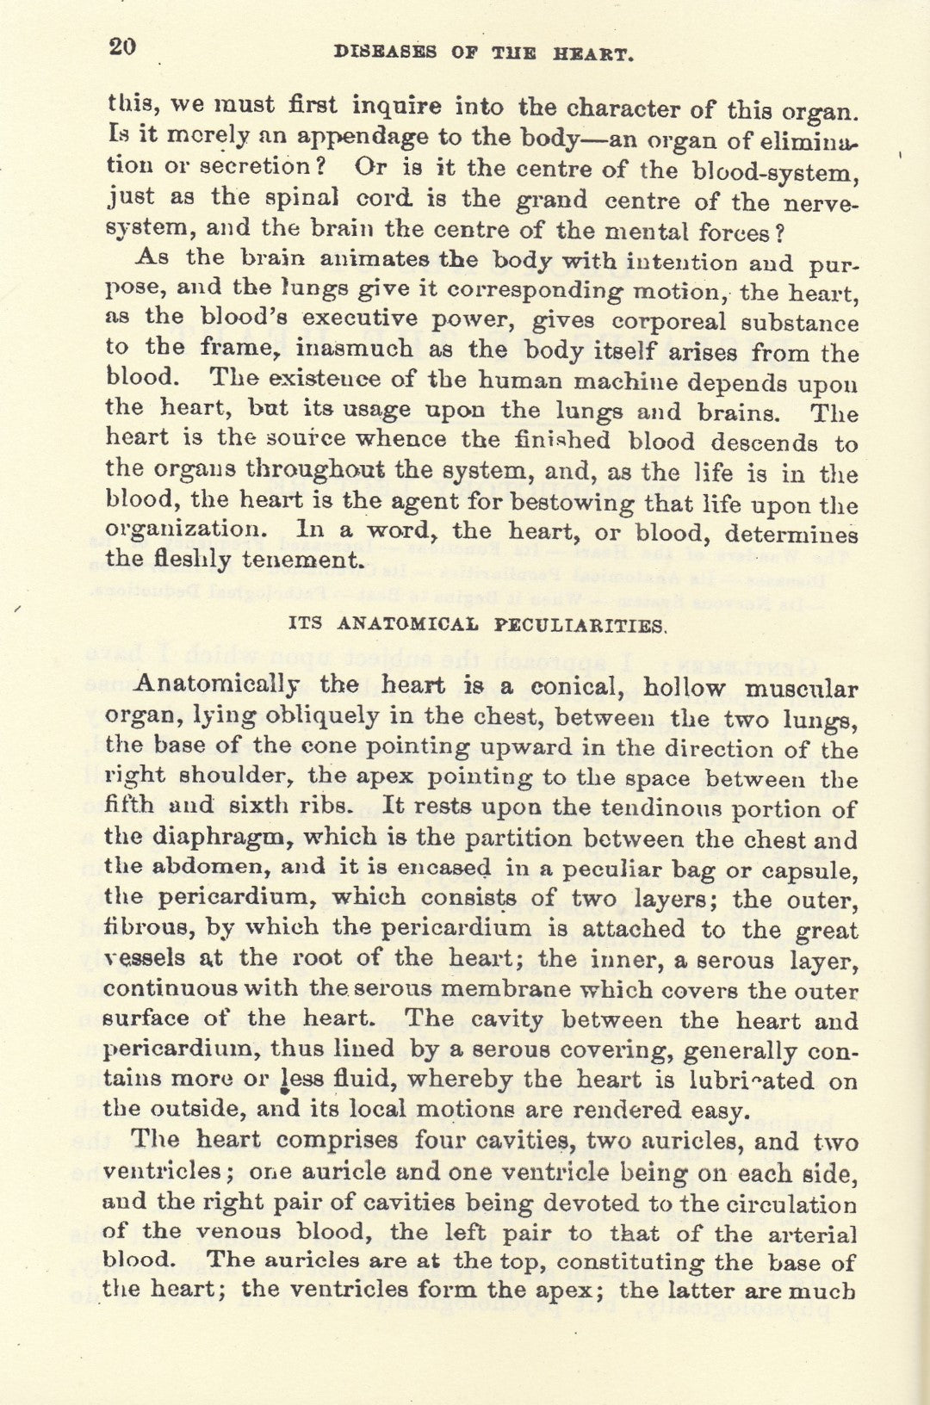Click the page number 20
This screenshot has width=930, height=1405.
point(122,46)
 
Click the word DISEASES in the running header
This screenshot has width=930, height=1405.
point(385,53)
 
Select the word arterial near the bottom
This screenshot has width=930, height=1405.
point(811,1235)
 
